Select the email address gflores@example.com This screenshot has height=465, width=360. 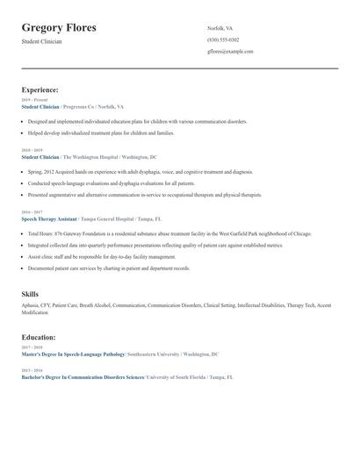click(x=230, y=52)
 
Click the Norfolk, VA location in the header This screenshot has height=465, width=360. click(x=220, y=28)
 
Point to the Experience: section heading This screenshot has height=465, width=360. click(x=40, y=89)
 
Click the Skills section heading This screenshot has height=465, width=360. click(x=30, y=294)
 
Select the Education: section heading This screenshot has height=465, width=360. click(x=39, y=336)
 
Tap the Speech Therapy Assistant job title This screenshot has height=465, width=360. click(x=49, y=218)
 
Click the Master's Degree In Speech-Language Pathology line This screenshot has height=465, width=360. click(x=74, y=354)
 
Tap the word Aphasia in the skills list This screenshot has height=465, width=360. click(x=31, y=305)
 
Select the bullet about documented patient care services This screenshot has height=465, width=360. click(x=108, y=268)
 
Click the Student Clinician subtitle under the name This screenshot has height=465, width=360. click(x=41, y=41)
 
